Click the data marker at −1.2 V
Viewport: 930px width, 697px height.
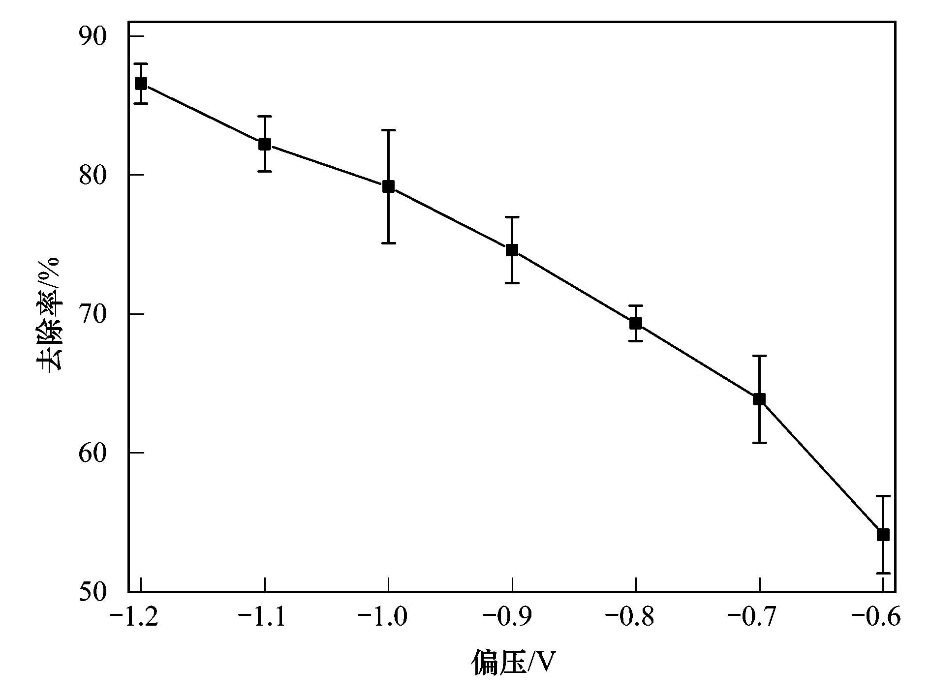141,84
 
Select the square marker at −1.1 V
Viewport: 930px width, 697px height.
265,144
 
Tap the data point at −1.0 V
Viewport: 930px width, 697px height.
388,186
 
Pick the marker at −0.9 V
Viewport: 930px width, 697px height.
512,250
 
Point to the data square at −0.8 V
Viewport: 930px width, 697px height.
636,323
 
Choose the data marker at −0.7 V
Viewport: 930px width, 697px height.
759,399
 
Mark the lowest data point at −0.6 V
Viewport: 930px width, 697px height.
883,535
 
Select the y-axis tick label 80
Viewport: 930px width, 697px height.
93,176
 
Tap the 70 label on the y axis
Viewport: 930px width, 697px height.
93,314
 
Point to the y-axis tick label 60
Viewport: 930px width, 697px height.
93,453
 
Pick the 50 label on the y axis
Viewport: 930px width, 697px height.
93,592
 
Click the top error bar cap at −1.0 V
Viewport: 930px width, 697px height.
388,130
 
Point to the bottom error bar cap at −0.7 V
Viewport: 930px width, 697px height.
759,443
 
